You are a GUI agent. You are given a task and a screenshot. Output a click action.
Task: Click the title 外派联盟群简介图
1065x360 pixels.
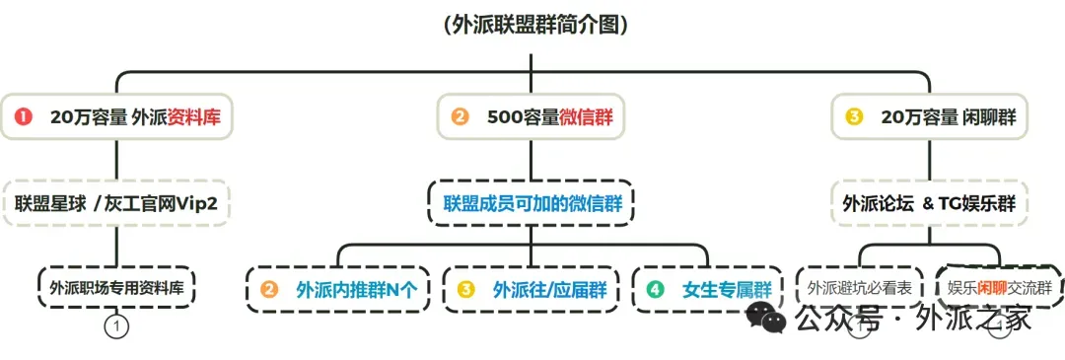[532, 26]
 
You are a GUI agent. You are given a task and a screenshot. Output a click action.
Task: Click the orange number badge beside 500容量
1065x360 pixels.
[460, 117]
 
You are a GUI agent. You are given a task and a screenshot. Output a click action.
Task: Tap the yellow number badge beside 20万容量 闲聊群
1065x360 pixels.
[854, 117]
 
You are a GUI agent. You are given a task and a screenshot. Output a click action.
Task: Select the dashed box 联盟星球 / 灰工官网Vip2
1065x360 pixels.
[115, 204]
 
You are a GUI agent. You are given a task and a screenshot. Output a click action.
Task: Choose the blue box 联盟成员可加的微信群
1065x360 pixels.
[532, 204]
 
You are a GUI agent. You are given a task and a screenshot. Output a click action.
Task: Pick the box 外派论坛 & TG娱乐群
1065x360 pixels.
[929, 204]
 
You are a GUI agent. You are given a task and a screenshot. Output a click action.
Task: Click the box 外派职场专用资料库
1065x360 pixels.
[116, 289]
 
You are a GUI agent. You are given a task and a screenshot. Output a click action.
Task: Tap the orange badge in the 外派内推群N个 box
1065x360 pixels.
[269, 291]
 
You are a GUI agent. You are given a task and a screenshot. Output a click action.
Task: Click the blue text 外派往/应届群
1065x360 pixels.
[549, 291]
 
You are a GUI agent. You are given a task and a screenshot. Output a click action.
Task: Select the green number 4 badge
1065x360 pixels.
[655, 291]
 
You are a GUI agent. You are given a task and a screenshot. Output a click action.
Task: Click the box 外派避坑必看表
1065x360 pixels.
[859, 289]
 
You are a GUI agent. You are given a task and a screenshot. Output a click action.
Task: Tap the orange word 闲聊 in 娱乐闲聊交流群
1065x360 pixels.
[992, 289]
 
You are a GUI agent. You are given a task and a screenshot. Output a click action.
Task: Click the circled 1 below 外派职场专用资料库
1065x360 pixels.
[116, 324]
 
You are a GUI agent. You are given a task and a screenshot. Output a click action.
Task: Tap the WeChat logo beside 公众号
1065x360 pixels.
[766, 319]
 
